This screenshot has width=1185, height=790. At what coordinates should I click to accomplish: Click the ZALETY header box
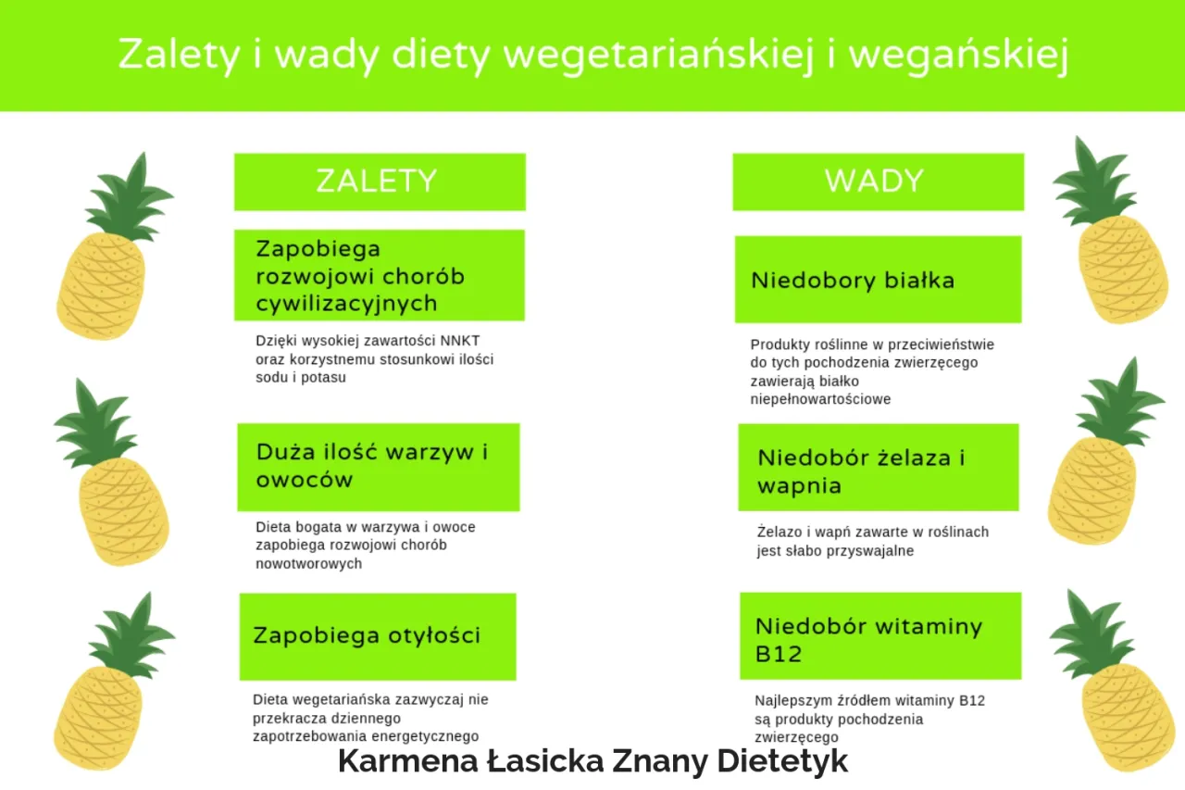pos(379,182)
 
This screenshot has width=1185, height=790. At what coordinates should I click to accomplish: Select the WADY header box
pos(877,182)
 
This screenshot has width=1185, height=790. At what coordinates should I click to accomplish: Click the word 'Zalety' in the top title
pos(181,55)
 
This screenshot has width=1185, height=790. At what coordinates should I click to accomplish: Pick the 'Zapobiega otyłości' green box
pos(377,636)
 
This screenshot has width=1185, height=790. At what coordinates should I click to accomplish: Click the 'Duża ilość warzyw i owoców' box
pos(378,467)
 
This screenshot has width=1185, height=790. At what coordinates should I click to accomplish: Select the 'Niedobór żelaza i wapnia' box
pos(878,469)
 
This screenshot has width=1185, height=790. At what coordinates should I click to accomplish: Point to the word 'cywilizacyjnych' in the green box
pos(346,304)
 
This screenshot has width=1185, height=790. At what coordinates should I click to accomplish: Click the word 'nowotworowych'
pos(308,563)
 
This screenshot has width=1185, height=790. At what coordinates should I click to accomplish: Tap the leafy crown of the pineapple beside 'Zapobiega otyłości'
pos(130,635)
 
